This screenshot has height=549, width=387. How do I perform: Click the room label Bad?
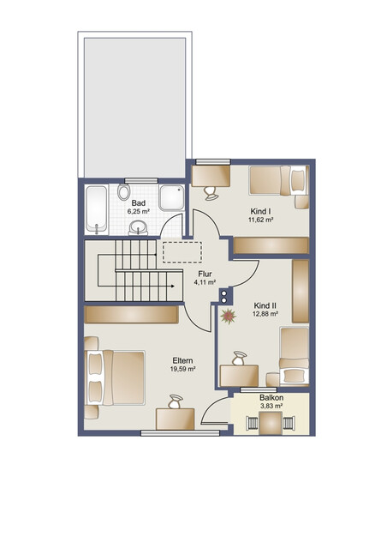click(139, 203)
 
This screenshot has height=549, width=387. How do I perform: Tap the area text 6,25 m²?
click(139, 211)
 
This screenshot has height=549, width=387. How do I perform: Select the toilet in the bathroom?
click(123, 192)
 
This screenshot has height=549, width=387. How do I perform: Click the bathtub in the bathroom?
click(96, 208)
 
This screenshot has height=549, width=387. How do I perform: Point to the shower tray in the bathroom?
click(172, 198)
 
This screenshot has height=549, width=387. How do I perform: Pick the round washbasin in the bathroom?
click(138, 227)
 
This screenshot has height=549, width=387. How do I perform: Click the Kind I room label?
click(261, 212)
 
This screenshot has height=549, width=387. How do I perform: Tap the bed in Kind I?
click(279, 180)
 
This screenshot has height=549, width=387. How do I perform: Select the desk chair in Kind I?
click(211, 193)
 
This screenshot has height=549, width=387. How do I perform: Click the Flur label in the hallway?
click(205, 274)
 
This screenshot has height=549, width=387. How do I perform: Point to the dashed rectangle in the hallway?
click(182, 252)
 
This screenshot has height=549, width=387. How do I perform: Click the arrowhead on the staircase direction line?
click(173, 286)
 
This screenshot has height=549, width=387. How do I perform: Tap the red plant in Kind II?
click(229, 317)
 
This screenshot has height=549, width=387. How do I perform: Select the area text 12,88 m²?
click(265, 314)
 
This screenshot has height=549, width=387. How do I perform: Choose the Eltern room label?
click(182, 360)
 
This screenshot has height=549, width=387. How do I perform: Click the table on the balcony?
click(271, 423)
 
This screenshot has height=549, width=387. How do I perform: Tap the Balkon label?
click(271, 398)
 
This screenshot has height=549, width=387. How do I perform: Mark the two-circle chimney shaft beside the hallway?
click(224, 295)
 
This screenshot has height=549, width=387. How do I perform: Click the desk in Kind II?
click(239, 376)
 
